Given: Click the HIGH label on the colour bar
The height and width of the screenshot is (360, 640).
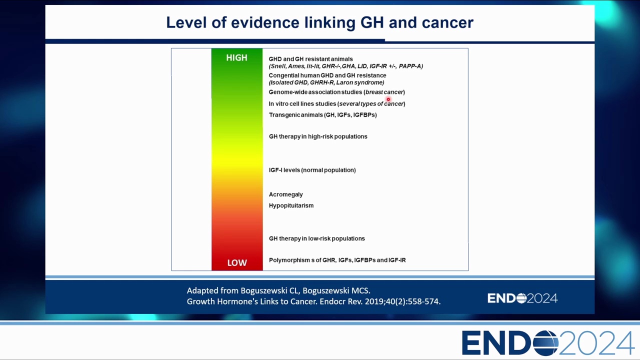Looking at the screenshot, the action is pos(236,57).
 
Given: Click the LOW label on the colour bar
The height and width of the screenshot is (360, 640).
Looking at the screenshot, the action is pos(237,262).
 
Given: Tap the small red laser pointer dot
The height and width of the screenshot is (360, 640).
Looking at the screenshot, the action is pos(388,99).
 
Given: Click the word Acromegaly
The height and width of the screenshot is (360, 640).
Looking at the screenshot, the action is pos(285,194).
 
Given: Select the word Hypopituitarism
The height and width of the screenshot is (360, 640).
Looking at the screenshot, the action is pos(291,205).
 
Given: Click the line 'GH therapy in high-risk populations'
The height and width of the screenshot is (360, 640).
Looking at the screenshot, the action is pos(318,136).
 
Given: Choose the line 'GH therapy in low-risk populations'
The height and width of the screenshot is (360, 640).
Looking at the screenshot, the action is pos(317,238).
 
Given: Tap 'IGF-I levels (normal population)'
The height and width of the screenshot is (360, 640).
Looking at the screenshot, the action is pos(312,170).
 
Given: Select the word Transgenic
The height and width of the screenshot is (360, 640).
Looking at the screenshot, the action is pos(281,115).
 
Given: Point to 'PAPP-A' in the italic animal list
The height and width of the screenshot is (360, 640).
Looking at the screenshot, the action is pos(411,66).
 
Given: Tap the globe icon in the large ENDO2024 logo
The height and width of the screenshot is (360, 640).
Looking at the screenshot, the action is pos(545,343).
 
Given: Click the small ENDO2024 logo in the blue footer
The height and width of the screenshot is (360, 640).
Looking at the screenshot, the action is pos(522,298).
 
